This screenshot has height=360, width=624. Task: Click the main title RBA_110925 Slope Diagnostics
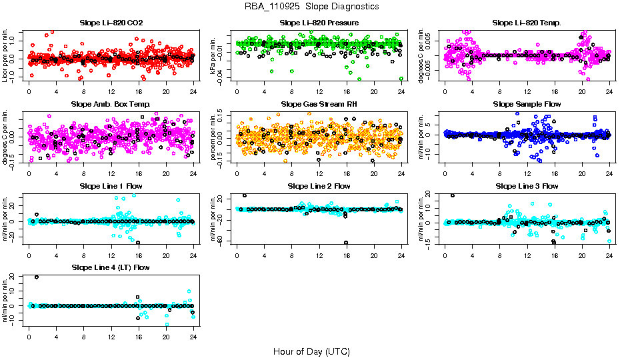click(x=311, y=6)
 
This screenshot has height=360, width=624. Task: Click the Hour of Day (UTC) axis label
click(x=311, y=351)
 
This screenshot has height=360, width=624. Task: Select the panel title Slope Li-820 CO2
click(x=111, y=23)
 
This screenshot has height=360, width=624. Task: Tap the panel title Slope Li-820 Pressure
click(x=319, y=23)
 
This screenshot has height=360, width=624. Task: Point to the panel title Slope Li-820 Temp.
click(x=527, y=23)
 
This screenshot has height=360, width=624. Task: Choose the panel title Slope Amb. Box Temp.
click(x=111, y=105)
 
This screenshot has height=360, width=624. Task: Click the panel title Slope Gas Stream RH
click(x=319, y=105)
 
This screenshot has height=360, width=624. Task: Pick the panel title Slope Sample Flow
click(x=527, y=105)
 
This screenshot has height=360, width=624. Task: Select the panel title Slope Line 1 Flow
click(x=111, y=186)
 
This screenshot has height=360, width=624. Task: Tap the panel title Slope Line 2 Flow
click(x=319, y=186)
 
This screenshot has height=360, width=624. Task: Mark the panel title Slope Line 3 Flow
click(x=527, y=186)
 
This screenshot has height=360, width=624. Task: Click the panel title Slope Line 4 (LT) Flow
click(x=111, y=267)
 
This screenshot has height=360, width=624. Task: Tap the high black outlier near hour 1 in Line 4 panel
click(x=37, y=277)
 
